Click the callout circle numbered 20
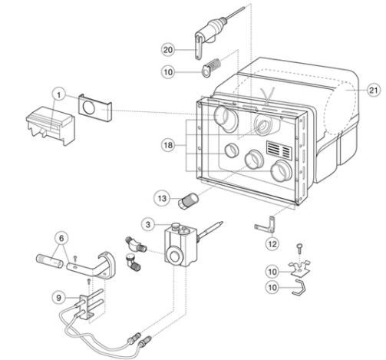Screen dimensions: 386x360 [x=168, y=50]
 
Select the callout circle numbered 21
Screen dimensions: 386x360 [x=374, y=90]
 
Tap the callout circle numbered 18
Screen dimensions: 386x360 [x=168, y=145]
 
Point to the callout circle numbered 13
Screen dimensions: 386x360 [x=162, y=198]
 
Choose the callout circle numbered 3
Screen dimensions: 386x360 [x=148, y=225]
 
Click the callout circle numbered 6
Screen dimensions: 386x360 [x=61, y=239]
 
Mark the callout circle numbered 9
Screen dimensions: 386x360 [x=59, y=298]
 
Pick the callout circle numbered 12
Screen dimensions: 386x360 [x=272, y=244]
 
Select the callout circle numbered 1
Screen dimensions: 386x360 [x=59, y=95]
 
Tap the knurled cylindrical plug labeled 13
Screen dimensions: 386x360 [x=188, y=201]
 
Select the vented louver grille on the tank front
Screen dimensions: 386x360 [x=279, y=150]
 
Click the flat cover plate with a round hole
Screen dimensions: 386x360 [x=95, y=107]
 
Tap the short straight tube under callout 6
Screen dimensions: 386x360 [x=49, y=261]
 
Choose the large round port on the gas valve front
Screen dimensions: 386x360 [x=173, y=255]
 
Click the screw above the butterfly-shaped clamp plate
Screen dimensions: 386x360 [x=299, y=249]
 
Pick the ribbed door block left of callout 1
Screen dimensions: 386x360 [x=51, y=126]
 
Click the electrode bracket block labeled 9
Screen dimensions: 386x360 [x=86, y=306]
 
